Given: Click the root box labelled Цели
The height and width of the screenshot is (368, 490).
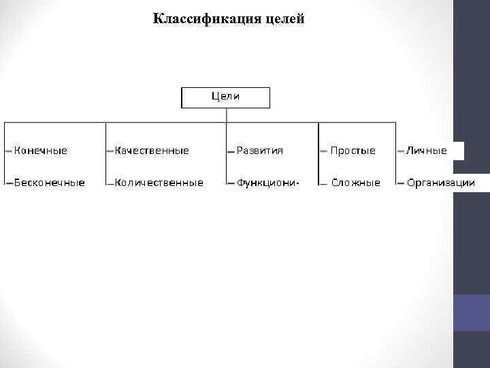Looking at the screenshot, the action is click(x=225, y=97).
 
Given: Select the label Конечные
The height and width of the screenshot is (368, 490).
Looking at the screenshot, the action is click(x=41, y=151).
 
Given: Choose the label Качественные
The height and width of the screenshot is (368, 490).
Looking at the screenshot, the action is click(x=151, y=151).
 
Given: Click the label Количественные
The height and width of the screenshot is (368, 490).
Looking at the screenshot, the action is click(x=159, y=183).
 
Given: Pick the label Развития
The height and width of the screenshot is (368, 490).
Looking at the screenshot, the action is click(x=260, y=151).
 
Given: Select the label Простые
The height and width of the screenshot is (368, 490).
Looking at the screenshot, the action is click(x=353, y=151).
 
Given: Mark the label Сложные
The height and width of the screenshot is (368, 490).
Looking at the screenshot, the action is click(x=356, y=183).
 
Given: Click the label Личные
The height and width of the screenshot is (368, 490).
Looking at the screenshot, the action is click(x=427, y=151).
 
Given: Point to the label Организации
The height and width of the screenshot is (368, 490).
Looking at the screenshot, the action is click(x=441, y=183).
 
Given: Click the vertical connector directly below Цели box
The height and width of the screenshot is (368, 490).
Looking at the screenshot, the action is click(x=225, y=116).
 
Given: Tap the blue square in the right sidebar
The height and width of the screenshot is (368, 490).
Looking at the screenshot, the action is click(x=471, y=313).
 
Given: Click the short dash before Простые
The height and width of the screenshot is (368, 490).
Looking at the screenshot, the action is click(x=323, y=151).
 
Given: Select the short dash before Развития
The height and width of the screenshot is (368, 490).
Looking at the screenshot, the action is click(x=231, y=151).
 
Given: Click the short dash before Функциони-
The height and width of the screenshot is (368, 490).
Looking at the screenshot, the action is click(x=231, y=183).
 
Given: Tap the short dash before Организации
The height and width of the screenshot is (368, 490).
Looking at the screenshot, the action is click(x=401, y=183).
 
